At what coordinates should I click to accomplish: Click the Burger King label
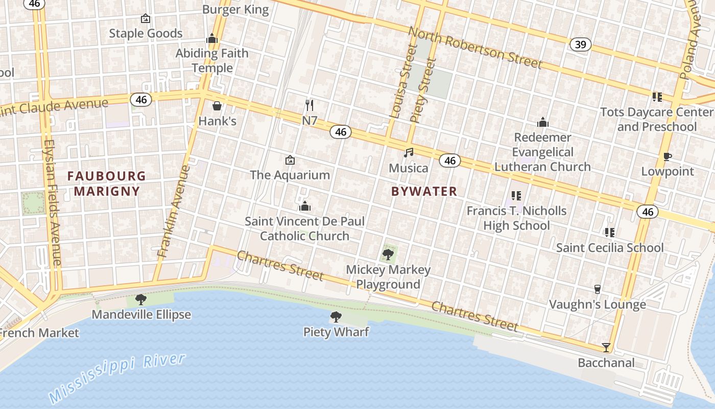pos(235,9)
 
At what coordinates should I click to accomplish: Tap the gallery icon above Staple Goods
pos(146,19)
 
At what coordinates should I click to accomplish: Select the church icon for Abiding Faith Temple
pos(212,38)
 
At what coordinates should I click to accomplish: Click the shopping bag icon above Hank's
pos(217,106)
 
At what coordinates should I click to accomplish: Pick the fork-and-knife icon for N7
pos(309,105)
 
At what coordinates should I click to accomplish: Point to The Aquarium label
pos(290,175)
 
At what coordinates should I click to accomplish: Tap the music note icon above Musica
pos(409,152)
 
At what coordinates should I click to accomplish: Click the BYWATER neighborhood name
pos(424,191)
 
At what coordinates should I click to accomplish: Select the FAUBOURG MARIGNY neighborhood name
pos(107,184)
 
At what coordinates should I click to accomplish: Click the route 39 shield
pos(581,44)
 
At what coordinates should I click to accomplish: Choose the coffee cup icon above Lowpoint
pos(667,156)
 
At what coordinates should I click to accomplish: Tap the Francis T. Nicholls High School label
pos(516,218)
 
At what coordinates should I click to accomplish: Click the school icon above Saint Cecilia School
pos(609,233)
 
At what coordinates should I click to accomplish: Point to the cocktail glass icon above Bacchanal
pos(606,348)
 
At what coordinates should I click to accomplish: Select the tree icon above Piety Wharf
pos(336,317)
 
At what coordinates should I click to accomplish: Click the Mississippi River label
pos(117,376)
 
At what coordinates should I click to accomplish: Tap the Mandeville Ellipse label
pos(141,314)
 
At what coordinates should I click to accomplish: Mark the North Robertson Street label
pos(474,47)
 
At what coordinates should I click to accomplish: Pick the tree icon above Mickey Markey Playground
pos(388,254)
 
